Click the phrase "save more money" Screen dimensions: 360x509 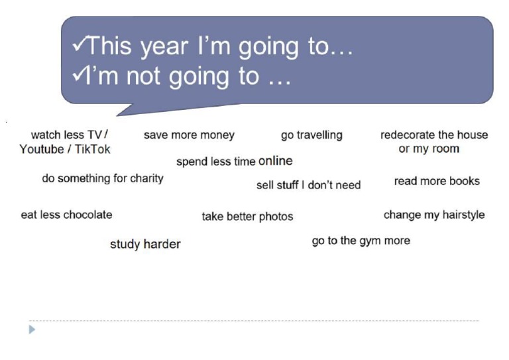point(189,135)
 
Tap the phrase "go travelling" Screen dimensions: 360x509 point(311,135)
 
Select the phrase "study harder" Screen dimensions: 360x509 point(145,245)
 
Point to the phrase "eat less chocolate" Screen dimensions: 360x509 point(66,215)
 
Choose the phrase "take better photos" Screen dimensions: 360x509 point(247,216)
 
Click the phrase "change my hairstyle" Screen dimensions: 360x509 point(434,215)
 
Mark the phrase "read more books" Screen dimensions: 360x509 point(437,181)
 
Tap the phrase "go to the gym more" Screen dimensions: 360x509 point(361,241)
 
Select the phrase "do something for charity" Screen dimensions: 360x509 point(102,178)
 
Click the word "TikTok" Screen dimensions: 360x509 point(91,149)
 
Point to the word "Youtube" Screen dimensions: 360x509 point(41,149)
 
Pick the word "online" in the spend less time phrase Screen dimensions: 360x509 point(275,161)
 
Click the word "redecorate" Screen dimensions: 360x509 point(407,135)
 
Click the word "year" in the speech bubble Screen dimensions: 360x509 point(169,46)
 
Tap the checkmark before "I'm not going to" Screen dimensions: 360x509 point(77,75)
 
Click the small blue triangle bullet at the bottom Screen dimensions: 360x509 point(32,329)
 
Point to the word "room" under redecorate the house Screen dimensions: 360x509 point(445,149)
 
